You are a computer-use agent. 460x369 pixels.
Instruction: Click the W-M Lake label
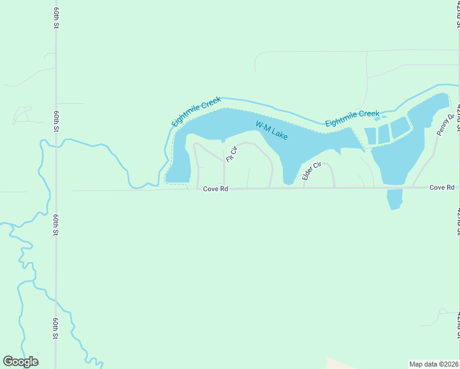[272, 130]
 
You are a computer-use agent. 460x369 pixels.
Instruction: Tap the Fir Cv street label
[231, 154]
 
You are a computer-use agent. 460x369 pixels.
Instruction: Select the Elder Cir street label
[312, 171]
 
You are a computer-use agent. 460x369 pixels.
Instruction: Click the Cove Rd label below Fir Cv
[216, 189]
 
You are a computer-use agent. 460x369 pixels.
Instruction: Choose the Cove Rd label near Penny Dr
[442, 187]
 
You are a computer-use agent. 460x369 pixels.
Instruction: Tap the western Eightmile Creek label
[196, 111]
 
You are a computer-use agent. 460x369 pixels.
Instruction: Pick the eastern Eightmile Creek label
[352, 118]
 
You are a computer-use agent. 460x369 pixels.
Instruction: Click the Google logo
[20, 362]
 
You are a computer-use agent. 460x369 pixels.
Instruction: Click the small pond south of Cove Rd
[394, 199]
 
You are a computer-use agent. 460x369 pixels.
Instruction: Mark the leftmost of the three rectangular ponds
[370, 135]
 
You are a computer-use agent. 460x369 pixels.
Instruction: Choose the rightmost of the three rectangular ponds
[400, 126]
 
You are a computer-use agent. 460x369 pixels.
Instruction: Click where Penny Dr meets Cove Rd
[413, 187]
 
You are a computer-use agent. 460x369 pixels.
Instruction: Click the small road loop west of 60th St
[22, 114]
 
